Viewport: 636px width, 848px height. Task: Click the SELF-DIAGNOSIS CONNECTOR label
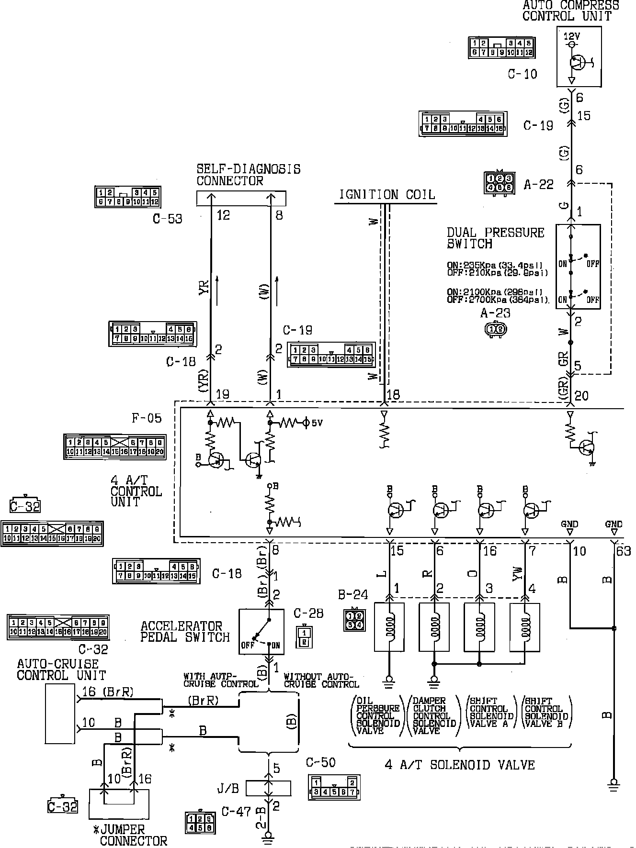coord(248,175)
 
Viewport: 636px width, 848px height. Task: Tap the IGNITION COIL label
coord(387,195)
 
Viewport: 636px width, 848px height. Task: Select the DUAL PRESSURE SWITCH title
coord(495,238)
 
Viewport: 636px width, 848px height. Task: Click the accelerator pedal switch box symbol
coord(261,631)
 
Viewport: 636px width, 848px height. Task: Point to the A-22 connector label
coord(539,185)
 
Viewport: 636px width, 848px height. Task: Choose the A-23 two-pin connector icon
coord(495,329)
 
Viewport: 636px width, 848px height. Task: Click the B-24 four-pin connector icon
coord(354,620)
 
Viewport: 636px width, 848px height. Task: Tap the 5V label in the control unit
coord(317,423)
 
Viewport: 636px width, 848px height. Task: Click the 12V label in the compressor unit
coord(572,36)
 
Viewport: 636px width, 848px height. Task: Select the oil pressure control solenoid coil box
coord(388,626)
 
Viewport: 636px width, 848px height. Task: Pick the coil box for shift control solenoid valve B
coord(525,626)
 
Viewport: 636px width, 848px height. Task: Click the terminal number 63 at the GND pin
coord(624,551)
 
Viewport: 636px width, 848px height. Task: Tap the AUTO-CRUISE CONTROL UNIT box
coord(60,713)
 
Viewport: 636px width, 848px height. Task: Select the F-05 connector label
coord(147,418)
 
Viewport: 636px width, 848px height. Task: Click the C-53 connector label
coord(168,219)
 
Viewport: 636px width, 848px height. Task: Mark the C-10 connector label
coord(522,74)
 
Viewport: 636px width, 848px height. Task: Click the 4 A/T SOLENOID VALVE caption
coord(459,765)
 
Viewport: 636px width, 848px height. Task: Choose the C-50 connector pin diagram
coord(334,787)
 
